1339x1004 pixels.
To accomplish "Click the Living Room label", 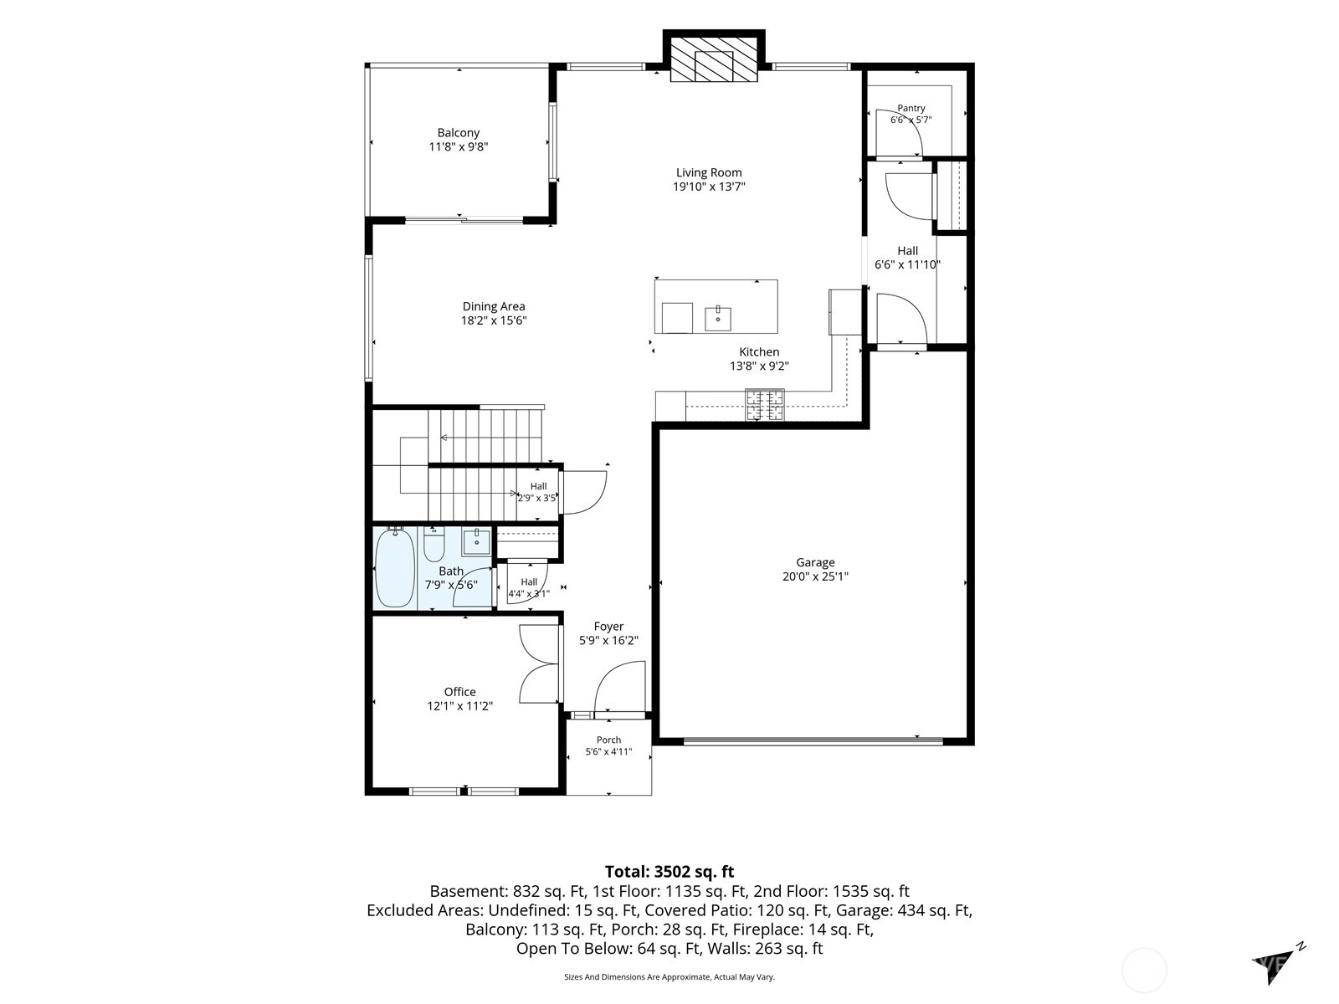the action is [x=709, y=172].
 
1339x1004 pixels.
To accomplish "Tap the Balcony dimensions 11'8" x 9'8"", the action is [x=459, y=147].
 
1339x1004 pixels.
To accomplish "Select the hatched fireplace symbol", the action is [x=714, y=59].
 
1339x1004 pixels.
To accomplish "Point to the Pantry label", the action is [x=911, y=108].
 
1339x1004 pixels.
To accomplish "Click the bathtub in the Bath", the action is [x=395, y=568].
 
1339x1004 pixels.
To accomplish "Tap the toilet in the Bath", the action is [x=434, y=545].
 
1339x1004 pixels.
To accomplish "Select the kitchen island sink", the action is [x=718, y=318].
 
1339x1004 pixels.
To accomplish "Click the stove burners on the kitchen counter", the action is [x=764, y=405].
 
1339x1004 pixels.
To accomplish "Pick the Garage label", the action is [x=815, y=562].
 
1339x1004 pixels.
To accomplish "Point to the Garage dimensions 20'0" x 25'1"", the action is [x=815, y=576].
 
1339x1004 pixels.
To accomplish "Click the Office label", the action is [x=460, y=691].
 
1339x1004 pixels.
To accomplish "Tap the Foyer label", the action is [x=608, y=626].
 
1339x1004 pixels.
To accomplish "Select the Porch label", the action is [x=608, y=740].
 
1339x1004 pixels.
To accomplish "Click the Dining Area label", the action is [x=494, y=306].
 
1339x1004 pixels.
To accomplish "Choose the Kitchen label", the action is [x=760, y=351].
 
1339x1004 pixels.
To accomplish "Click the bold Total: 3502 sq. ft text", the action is [x=669, y=871].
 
